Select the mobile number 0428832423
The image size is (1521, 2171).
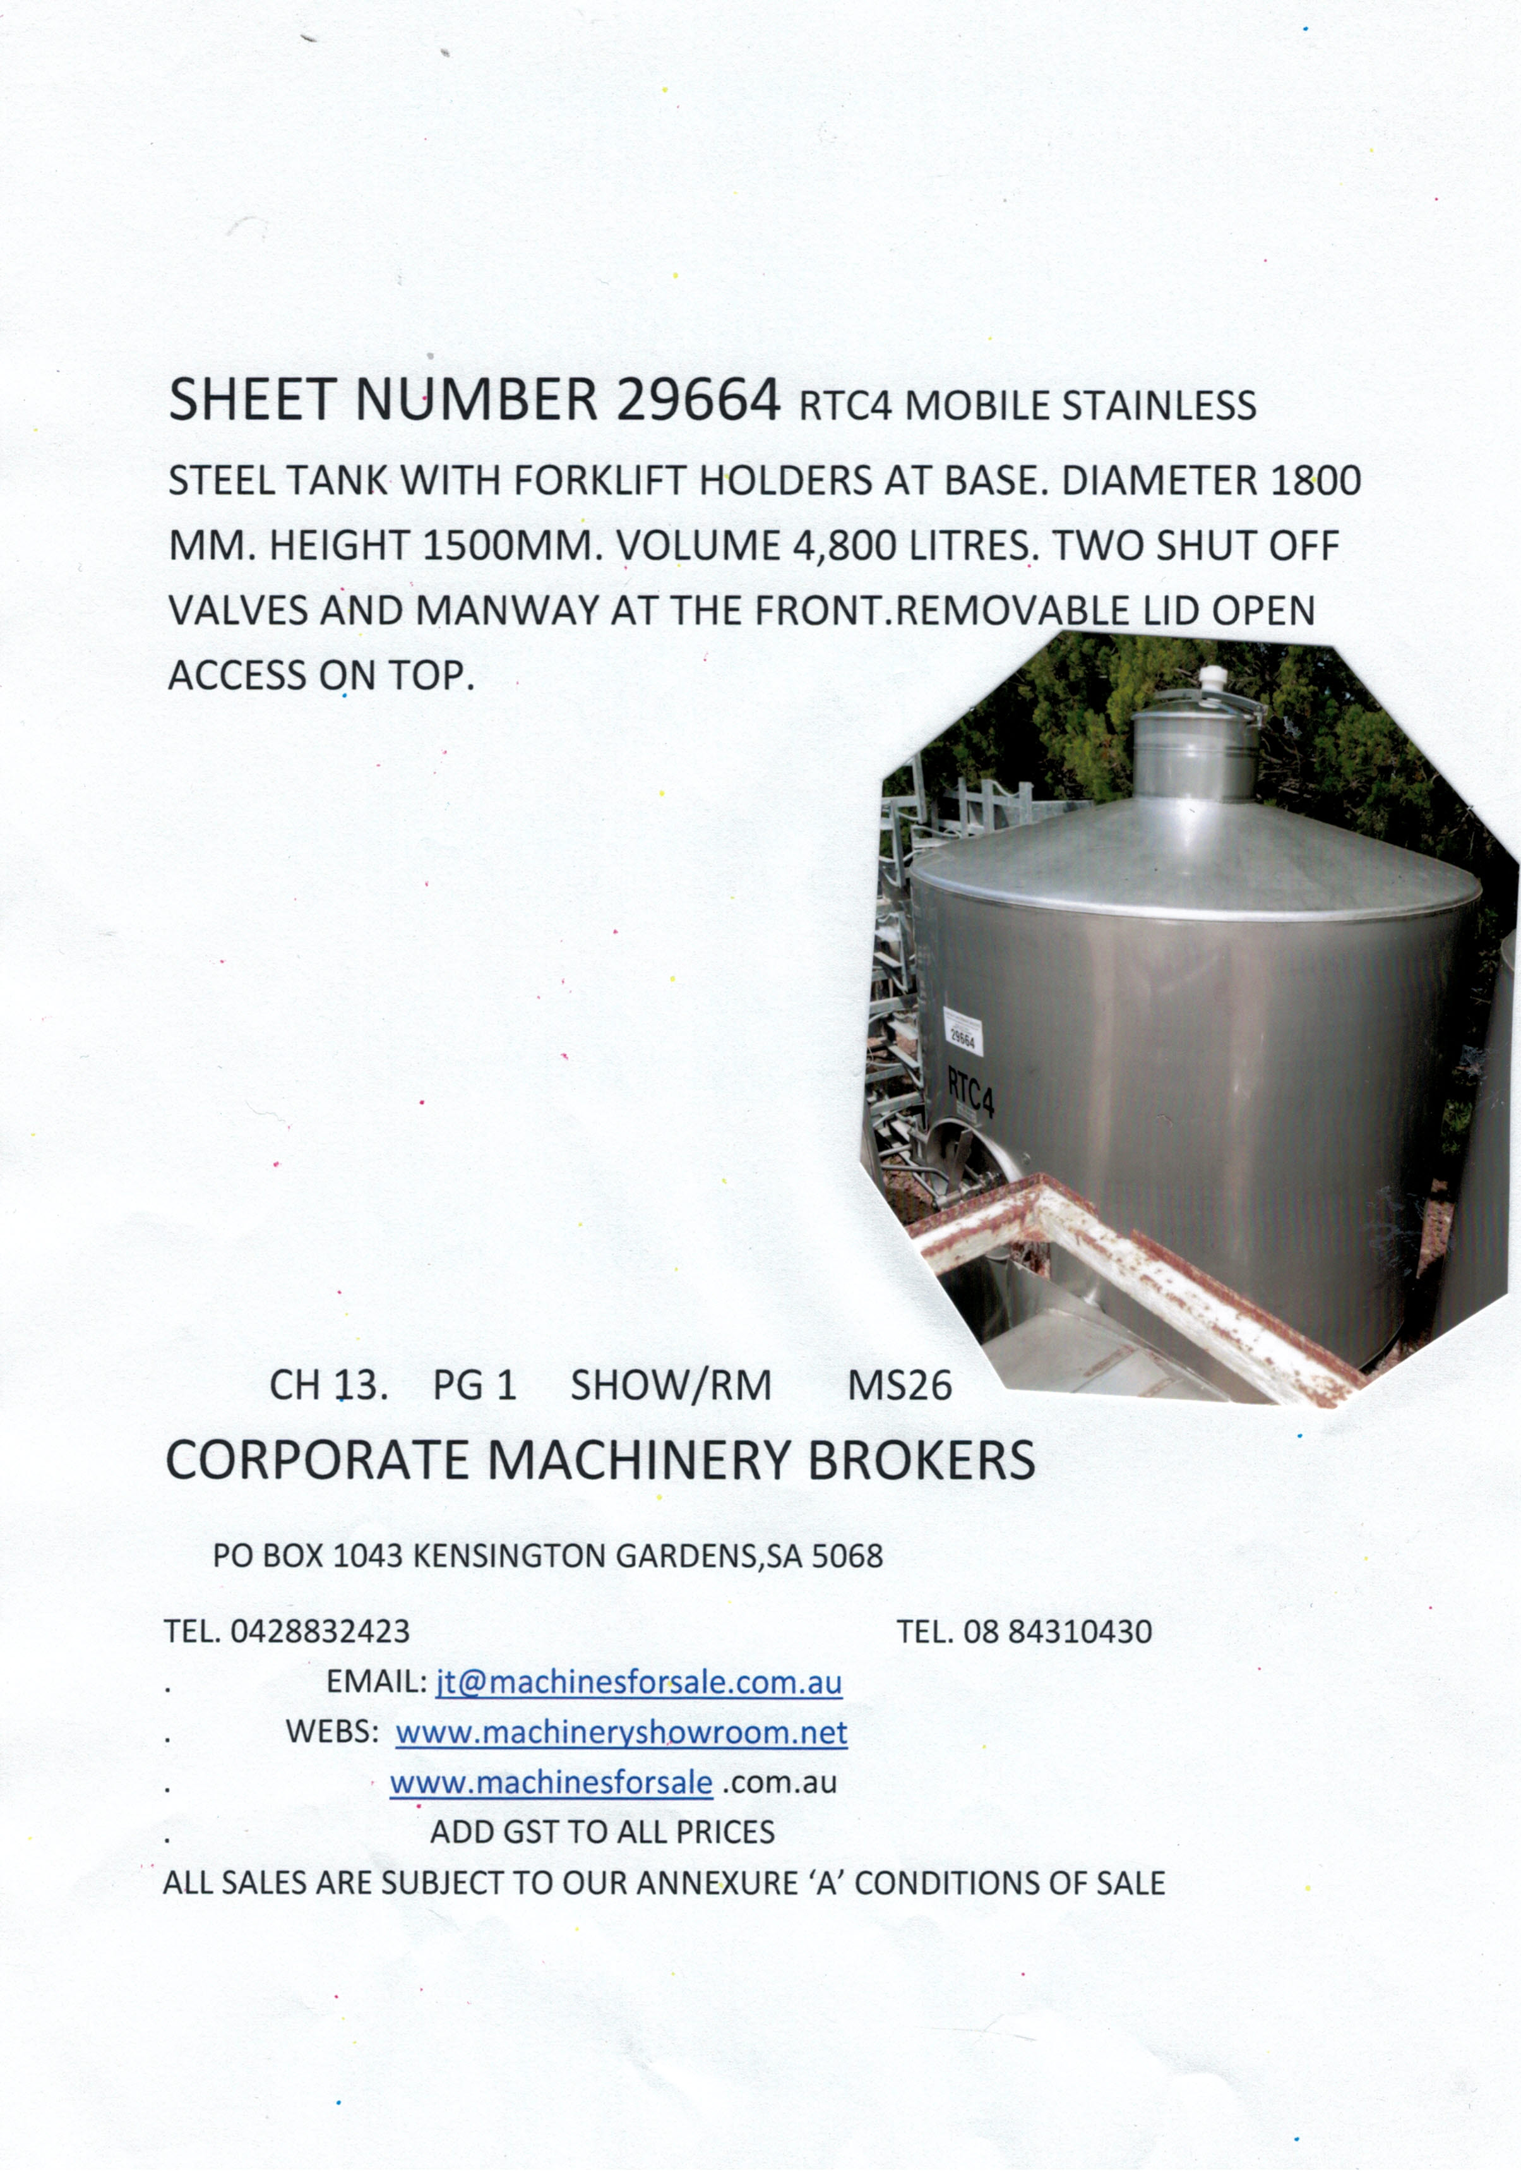tap(319, 1631)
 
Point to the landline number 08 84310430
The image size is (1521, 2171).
tap(1057, 1631)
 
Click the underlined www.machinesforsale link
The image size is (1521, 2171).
tap(551, 1783)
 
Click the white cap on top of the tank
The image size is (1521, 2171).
tap(1210, 679)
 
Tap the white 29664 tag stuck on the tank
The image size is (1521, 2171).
tap(962, 1037)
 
